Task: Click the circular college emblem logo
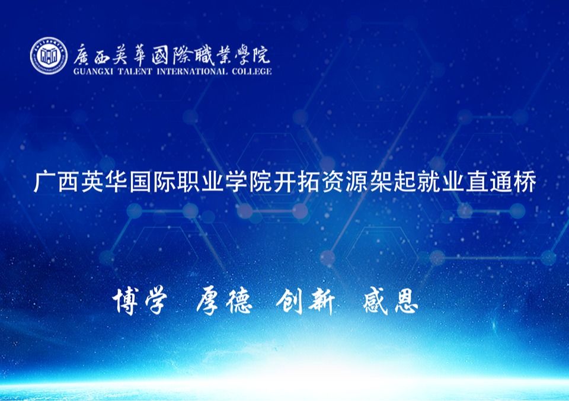pyautogui.click(x=49, y=56)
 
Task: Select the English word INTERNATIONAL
pyautogui.click(x=192, y=72)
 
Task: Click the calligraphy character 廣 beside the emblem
pyautogui.click(x=82, y=56)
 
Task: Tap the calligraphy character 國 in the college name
pyautogui.click(x=161, y=56)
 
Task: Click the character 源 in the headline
pyautogui.click(x=357, y=182)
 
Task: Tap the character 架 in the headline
pyautogui.click(x=381, y=182)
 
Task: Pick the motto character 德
pyautogui.click(x=239, y=301)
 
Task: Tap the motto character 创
pyautogui.click(x=289, y=301)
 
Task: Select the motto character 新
pyautogui.click(x=321, y=301)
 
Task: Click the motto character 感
pyautogui.click(x=376, y=300)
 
